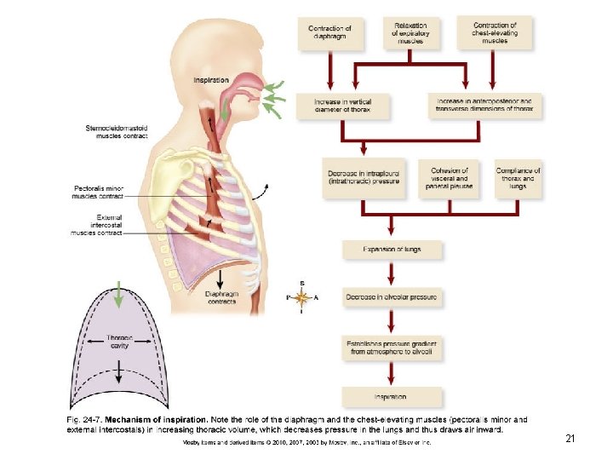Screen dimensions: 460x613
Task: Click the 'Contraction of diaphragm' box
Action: (329, 34)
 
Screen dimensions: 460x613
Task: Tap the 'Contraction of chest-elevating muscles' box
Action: (494, 32)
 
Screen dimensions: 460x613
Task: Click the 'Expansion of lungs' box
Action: (391, 249)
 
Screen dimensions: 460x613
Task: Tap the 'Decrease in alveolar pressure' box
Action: (391, 297)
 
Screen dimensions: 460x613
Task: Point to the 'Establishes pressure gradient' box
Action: (391, 347)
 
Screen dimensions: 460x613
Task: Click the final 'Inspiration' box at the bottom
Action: (391, 397)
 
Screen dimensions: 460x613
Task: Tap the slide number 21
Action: (570, 439)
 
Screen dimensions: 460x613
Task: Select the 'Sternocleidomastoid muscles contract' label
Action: (117, 132)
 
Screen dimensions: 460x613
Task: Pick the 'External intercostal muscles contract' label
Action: (97, 225)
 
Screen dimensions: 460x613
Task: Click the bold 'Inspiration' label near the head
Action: (210, 80)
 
